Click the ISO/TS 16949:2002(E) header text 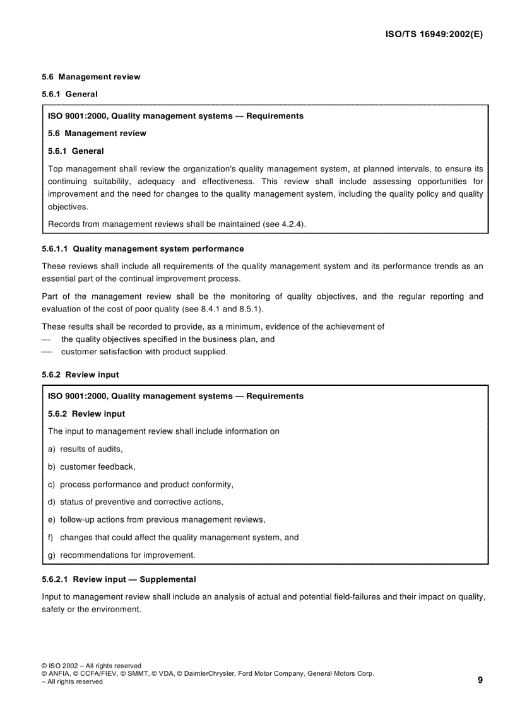pyautogui.click(x=434, y=35)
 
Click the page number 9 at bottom pyautogui.click(x=480, y=680)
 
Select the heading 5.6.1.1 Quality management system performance pyautogui.click(x=143, y=249)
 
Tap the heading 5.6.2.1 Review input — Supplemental pyautogui.click(x=119, y=579)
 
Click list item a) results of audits pyautogui.click(x=85, y=449)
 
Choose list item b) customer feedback pyautogui.click(x=92, y=467)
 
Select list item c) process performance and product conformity pyautogui.click(x=141, y=484)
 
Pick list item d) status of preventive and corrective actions pyautogui.click(x=136, y=502)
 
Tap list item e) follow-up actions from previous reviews pyautogui.click(x=157, y=519)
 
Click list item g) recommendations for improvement pyautogui.click(x=122, y=555)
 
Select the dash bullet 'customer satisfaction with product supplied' pyautogui.click(x=144, y=352)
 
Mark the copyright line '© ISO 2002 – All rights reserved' pyautogui.click(x=92, y=665)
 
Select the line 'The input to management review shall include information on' pyautogui.click(x=163, y=431)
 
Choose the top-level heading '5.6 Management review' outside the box pyautogui.click(x=91, y=77)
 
